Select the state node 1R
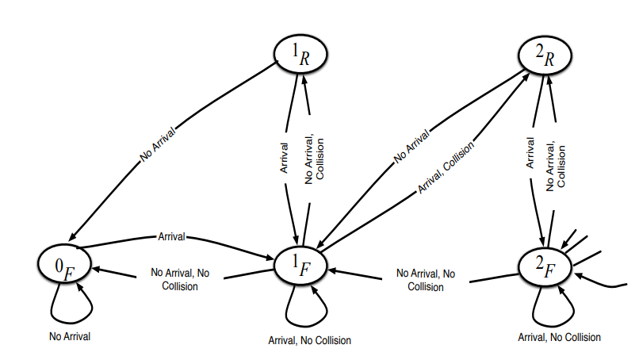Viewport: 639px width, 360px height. tap(300, 55)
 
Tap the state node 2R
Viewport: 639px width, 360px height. tap(545, 55)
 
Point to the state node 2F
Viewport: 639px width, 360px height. tap(545, 264)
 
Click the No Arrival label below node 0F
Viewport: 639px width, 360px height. tap(69, 336)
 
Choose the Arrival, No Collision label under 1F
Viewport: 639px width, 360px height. tap(310, 340)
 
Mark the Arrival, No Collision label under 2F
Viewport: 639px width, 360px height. tap(559, 338)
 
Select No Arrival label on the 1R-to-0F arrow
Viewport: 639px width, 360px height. tap(159, 143)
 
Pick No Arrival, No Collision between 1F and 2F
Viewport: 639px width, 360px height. tap(425, 279)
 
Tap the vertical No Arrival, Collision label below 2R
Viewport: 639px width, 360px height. tap(556, 164)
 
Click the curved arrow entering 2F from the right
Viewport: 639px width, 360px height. tap(606, 281)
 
